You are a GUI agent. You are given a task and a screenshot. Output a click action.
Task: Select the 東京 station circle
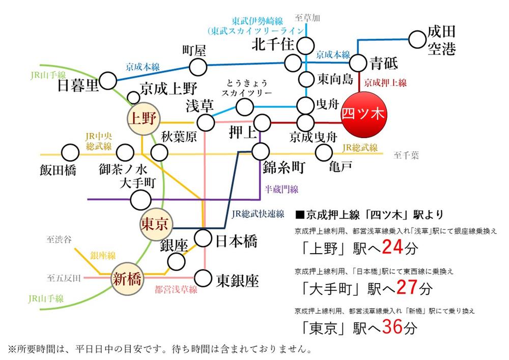tap(156, 224)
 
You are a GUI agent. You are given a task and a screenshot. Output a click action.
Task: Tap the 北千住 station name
tap(273, 45)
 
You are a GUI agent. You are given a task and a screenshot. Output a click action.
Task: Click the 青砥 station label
tap(386, 64)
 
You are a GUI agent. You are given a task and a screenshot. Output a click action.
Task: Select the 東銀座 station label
tap(237, 279)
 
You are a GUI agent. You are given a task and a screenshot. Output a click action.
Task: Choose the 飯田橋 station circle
tap(68, 152)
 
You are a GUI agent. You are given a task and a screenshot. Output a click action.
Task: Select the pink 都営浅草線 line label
tap(176, 290)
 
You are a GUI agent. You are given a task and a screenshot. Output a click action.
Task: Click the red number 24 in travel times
tap(392, 247)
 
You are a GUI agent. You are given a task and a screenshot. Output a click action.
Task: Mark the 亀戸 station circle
tap(324, 152)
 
